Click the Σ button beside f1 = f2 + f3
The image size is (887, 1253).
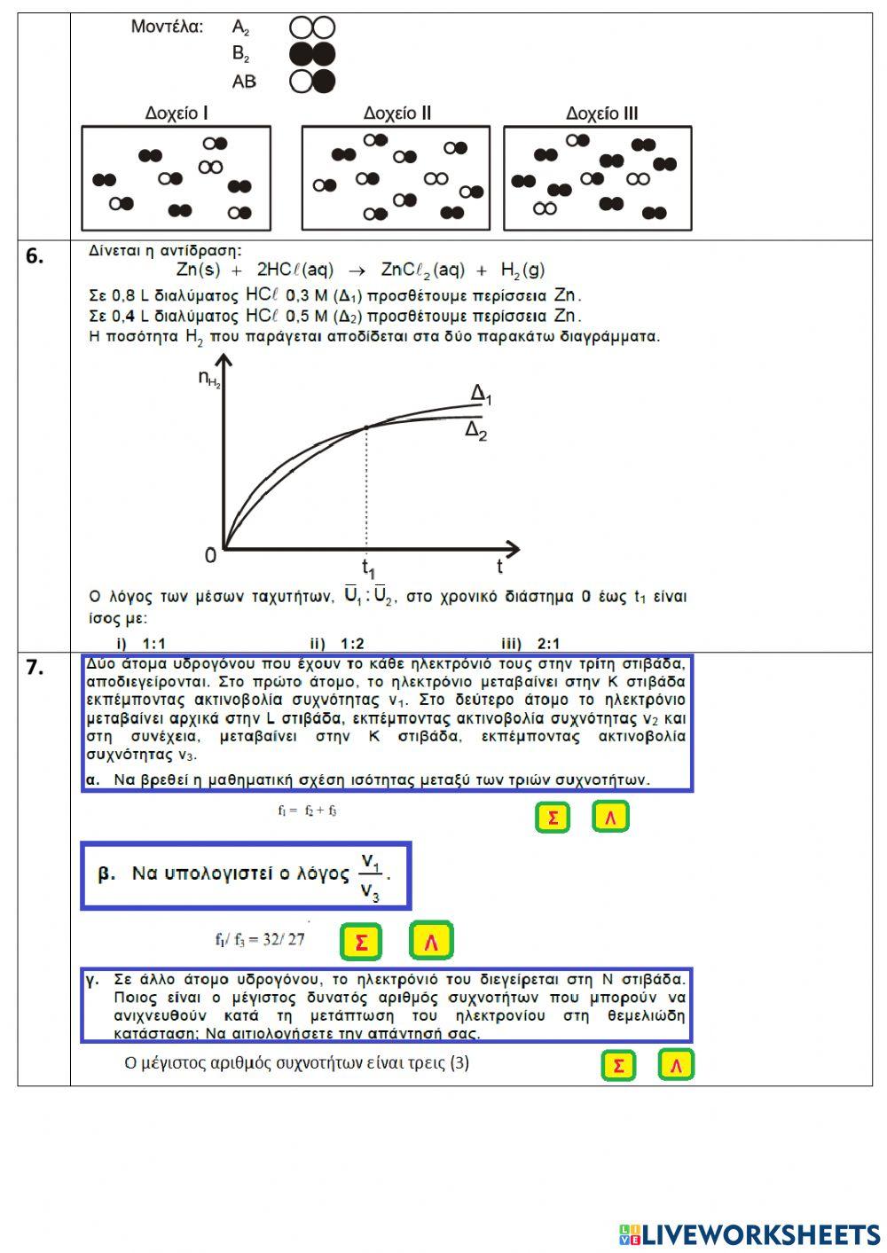tap(552, 817)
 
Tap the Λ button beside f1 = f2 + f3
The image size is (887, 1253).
tap(610, 817)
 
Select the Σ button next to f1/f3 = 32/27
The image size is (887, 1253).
tap(361, 942)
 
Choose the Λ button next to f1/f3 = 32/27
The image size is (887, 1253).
tap(431, 942)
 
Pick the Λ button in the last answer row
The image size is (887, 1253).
tap(676, 1065)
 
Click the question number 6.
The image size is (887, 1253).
tap(35, 256)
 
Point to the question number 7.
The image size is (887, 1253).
tap(35, 668)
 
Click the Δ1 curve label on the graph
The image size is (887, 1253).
tap(480, 395)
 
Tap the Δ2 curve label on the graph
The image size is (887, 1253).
tap(476, 432)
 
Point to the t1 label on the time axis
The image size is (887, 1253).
tap(368, 568)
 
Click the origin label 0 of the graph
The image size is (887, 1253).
tap(210, 556)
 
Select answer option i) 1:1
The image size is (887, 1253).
tap(141, 643)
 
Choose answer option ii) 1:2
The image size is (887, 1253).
tap(337, 643)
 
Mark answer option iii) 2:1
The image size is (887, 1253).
tap(530, 643)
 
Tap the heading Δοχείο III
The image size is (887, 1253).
tap(601, 114)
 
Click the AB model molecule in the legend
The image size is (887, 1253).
tap(312, 82)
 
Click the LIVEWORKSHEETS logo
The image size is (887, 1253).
tap(750, 1234)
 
